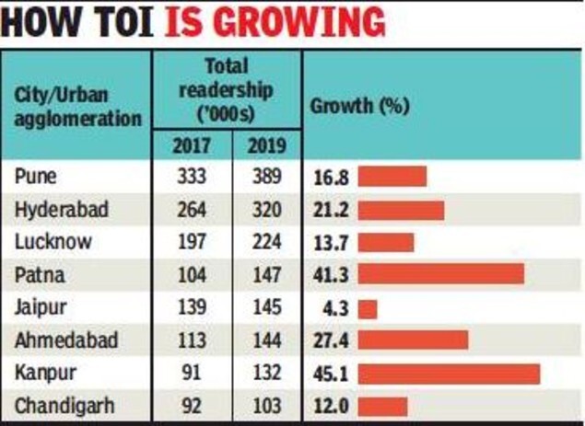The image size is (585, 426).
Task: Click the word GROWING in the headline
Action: point(300,23)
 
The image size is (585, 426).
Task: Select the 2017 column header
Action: point(192,145)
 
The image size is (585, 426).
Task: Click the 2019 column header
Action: point(267,145)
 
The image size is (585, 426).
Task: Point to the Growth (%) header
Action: point(359,106)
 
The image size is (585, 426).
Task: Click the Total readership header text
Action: point(227,90)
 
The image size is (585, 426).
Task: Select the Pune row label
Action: point(35,176)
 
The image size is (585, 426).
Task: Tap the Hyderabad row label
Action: point(62,210)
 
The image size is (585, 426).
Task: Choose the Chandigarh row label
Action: point(64,406)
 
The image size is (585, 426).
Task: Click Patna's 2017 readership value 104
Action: point(192,275)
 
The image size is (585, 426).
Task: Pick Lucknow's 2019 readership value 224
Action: point(267,242)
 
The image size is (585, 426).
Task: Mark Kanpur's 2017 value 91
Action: point(191,373)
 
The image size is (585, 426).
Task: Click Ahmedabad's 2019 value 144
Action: point(267,340)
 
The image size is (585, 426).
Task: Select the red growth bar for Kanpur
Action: point(450,374)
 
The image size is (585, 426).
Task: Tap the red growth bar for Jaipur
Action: point(368,309)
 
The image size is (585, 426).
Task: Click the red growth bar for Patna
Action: point(441,274)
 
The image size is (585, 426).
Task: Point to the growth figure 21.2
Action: point(331,210)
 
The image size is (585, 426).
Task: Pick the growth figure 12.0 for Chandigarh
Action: point(331,406)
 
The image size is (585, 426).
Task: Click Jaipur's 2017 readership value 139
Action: point(192,308)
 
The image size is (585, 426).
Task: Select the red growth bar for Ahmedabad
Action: point(413,340)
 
